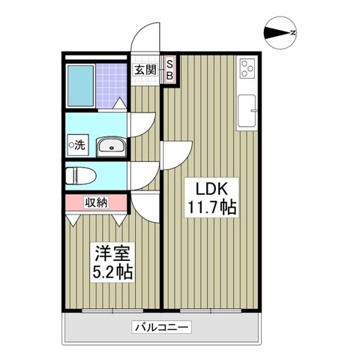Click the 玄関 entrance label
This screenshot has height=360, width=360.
(145, 70)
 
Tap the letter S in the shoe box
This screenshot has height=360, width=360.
(169, 65)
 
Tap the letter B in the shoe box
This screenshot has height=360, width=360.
(169, 76)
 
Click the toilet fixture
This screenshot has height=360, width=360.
(78, 177)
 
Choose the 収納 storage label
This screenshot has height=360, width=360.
(95, 202)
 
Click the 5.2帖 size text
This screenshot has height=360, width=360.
(112, 271)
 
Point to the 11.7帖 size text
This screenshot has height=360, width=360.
(211, 206)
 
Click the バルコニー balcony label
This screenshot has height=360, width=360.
(162, 327)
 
